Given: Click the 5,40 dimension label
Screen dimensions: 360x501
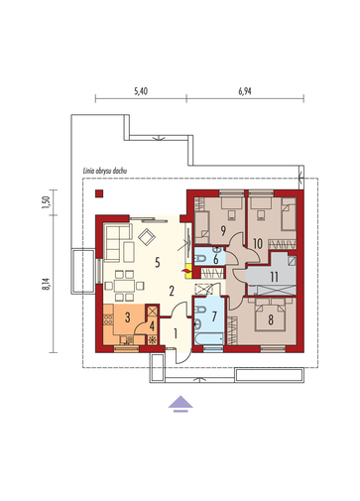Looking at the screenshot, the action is pos(141,91).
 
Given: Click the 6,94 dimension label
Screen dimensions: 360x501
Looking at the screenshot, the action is pos(245,91).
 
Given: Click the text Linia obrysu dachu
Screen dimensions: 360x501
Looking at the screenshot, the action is pos(105,171).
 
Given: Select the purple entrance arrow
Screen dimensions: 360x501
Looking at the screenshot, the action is pos(180,404).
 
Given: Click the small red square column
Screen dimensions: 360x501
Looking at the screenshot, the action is pos(99,193).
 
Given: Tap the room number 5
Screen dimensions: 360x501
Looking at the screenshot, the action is pos(158,263).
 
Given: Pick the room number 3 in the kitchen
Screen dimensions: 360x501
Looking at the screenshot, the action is pos(128,317).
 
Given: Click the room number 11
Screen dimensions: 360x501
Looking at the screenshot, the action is pos(274,277).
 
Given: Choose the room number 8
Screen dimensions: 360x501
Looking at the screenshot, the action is pos(271,319).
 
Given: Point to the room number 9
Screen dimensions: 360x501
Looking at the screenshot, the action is pos(223,231).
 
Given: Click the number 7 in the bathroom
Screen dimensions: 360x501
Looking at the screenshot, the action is pos(214,316).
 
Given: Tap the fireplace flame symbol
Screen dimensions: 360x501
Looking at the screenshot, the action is pos(187,271).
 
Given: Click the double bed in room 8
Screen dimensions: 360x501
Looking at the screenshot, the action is pos(271,314).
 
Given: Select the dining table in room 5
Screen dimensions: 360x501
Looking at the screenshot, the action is pos(124,286).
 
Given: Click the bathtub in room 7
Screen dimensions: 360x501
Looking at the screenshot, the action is pos(209,339).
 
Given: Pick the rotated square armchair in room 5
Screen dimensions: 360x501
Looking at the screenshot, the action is pos(147,237).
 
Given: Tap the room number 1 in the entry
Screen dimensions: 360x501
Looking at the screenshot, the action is pos(176,333).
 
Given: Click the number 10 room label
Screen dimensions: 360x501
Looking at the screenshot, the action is pos(258,244).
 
